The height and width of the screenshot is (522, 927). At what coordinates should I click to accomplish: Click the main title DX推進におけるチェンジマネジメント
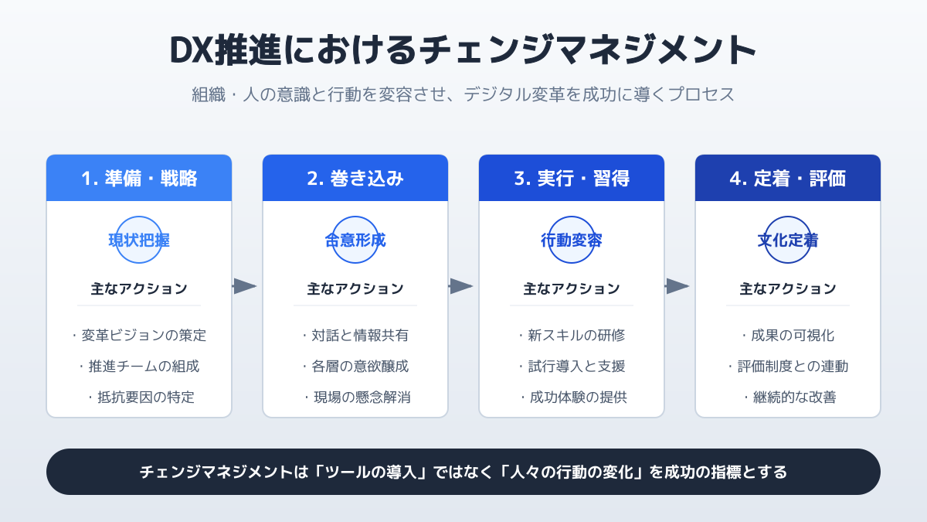point(463,49)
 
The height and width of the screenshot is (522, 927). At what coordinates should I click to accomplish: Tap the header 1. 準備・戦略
point(139,179)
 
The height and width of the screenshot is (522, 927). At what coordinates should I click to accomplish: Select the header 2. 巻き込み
point(355,179)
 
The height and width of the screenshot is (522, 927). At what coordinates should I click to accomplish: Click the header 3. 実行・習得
point(572,179)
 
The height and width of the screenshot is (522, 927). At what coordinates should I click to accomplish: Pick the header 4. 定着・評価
point(787,179)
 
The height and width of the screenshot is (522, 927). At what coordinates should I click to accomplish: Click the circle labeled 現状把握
point(139,217)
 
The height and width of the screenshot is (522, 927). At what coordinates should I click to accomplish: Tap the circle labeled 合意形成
point(355,217)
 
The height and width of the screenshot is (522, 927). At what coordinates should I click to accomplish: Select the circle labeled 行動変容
point(572,217)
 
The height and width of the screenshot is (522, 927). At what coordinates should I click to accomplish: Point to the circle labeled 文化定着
point(787,217)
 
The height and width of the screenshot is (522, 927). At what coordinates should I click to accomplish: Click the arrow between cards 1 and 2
point(245,286)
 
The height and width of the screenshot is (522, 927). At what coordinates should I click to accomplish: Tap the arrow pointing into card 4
point(677,286)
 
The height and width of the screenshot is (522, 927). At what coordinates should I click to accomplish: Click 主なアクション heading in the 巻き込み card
point(355,288)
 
